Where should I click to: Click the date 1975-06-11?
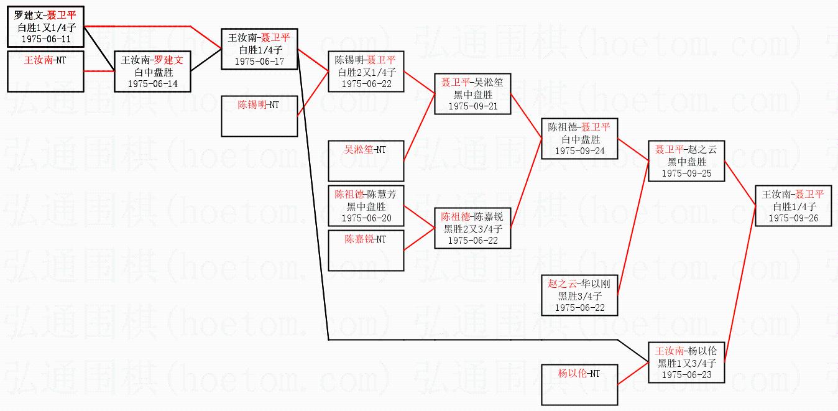pos(46,39)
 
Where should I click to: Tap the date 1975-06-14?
pos(153,84)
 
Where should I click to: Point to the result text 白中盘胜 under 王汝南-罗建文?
pos(154,72)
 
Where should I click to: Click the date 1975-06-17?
pos(260,62)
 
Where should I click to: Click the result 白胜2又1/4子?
pos(367,72)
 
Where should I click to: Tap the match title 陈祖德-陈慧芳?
pos(366,194)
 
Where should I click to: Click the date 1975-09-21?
pos(473,106)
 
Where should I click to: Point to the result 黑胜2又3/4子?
pos(473,229)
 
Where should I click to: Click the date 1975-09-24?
pos(580,151)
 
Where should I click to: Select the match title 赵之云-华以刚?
pos(579,284)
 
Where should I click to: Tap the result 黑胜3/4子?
pos(580,296)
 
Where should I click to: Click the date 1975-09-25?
pos(687,173)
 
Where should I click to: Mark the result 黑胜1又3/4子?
pos(687,363)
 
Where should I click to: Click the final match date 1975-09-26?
pos(793,218)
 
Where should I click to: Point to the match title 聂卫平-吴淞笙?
pos(472,82)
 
